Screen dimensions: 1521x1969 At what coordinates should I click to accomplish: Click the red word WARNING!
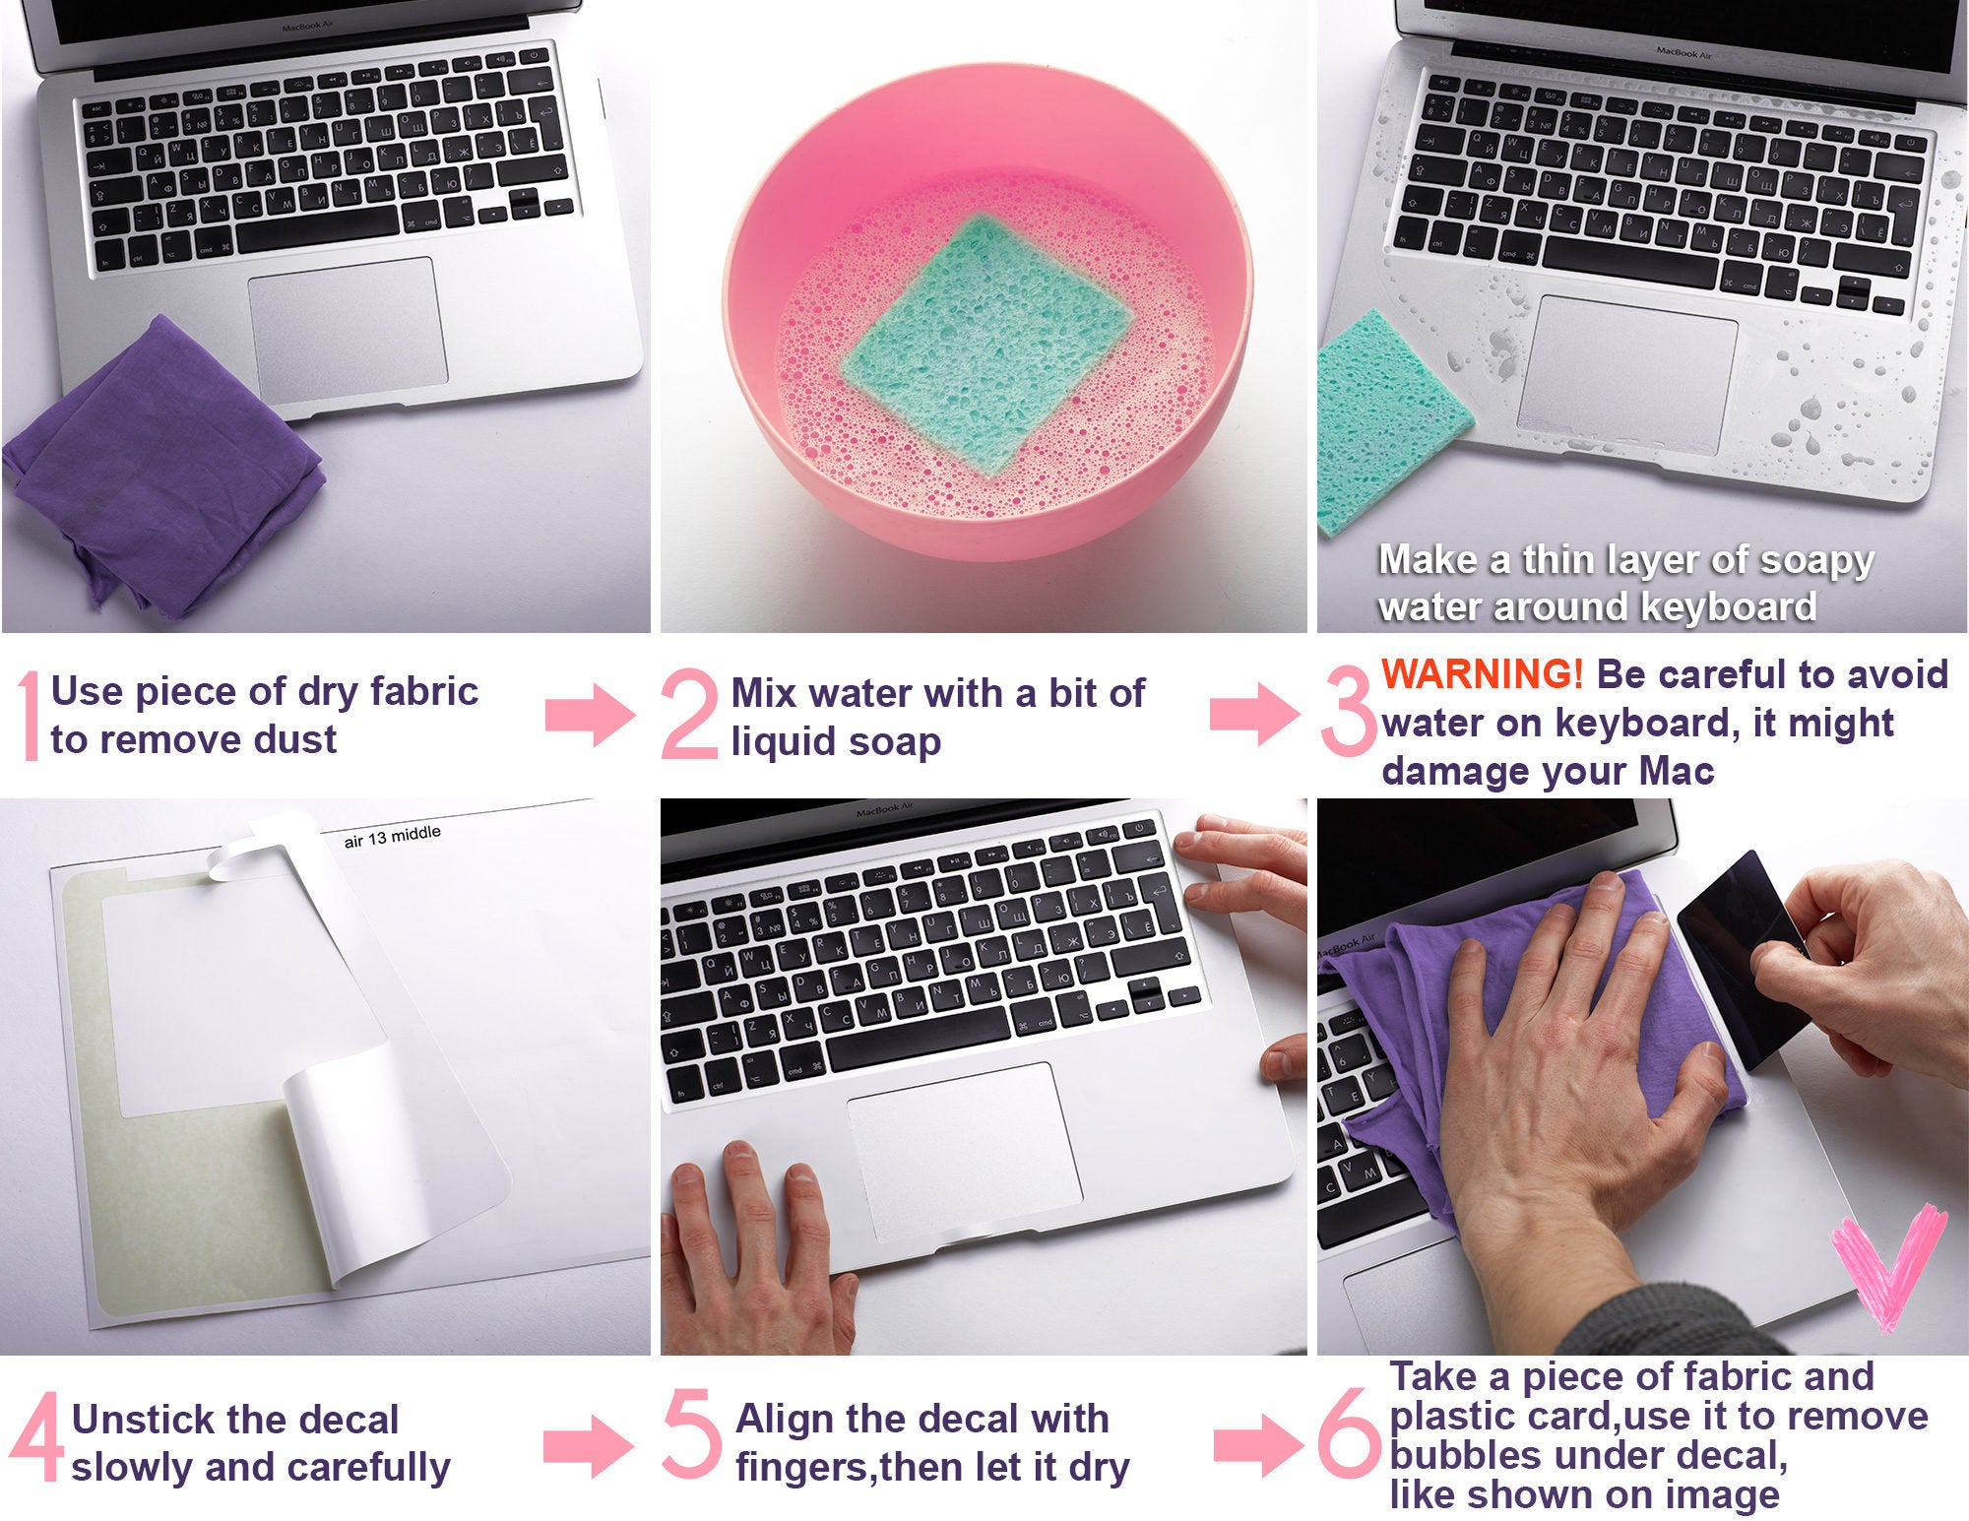(x=1482, y=674)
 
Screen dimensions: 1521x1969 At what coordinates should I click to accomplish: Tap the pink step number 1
(x=30, y=716)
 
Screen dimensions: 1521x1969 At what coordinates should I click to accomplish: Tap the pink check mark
(x=1885, y=1270)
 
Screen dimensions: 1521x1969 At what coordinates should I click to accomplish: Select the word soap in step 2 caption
(x=896, y=742)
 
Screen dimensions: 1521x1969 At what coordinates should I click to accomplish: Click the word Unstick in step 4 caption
(x=143, y=1420)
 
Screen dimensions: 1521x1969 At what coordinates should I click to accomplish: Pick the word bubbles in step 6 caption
(x=1455, y=1455)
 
